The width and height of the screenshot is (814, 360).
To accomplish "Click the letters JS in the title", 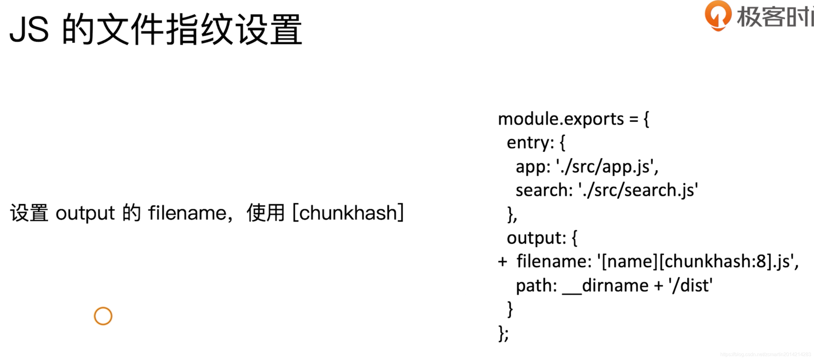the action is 29,30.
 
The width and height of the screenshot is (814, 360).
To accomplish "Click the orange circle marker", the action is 103,316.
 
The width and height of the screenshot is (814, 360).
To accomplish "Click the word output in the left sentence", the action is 85,213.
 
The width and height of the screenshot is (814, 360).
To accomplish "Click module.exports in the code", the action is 561,120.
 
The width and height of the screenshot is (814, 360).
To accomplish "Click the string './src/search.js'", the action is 638,190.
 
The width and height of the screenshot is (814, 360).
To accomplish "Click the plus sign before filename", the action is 503,262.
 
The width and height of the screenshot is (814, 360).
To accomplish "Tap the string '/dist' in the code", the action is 691,286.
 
